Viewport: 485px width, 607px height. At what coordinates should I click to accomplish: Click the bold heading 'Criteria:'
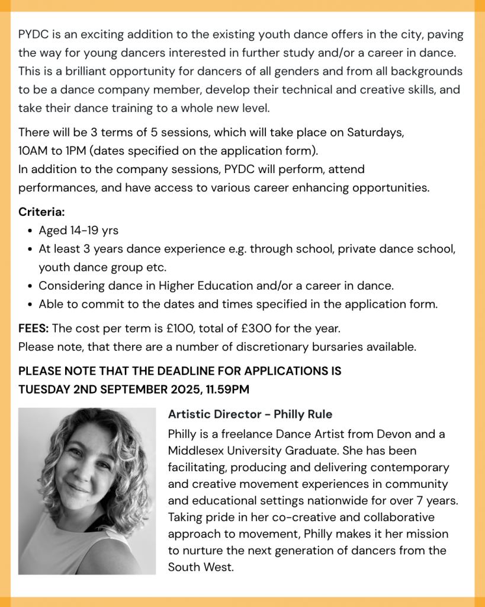41,212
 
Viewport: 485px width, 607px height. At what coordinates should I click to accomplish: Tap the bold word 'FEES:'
34,328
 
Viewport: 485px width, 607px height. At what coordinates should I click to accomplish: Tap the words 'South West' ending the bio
200,567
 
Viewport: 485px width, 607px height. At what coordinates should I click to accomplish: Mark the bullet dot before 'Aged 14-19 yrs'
30,231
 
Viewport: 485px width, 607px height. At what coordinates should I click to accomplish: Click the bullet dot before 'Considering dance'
30,286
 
